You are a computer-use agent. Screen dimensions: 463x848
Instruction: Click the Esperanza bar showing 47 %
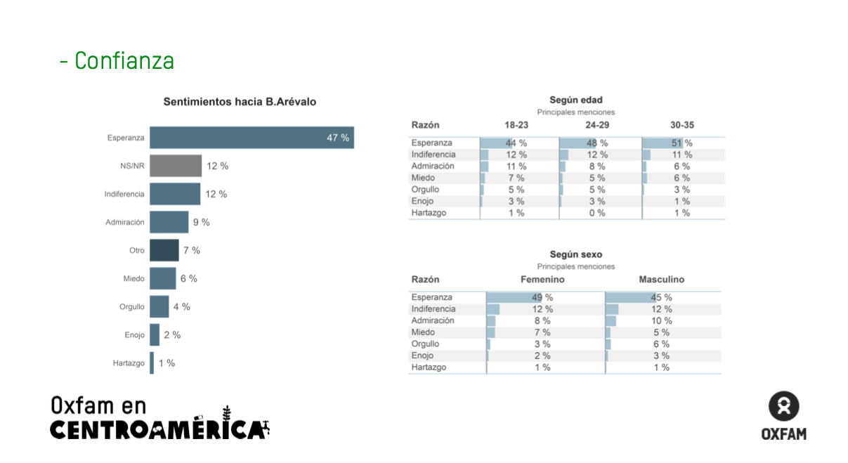click(252, 138)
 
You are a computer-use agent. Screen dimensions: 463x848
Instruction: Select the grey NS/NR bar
click(176, 166)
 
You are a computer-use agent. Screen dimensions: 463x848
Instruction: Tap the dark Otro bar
click(164, 250)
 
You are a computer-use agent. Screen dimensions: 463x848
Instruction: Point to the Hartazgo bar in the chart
click(152, 363)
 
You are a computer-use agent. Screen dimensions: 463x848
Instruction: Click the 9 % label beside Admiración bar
click(201, 223)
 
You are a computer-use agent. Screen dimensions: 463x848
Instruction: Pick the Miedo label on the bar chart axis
click(133, 279)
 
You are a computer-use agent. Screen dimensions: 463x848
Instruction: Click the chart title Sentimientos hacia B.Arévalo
click(240, 102)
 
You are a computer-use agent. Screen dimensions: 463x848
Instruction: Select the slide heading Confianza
click(124, 61)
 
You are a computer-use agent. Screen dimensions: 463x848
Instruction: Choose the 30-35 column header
click(681, 125)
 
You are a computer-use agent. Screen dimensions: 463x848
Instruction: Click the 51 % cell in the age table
click(681, 143)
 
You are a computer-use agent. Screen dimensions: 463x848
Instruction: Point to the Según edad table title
click(575, 100)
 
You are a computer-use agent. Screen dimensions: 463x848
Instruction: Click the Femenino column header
click(542, 280)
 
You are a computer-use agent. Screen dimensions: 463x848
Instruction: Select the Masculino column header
click(661, 280)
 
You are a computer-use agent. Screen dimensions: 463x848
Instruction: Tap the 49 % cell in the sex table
click(542, 298)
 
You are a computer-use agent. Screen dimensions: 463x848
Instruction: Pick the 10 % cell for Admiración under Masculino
click(662, 321)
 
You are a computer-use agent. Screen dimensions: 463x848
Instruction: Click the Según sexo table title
click(575, 255)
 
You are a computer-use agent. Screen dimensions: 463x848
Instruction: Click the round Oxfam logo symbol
click(783, 407)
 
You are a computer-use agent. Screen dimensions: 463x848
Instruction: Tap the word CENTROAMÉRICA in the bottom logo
click(158, 429)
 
